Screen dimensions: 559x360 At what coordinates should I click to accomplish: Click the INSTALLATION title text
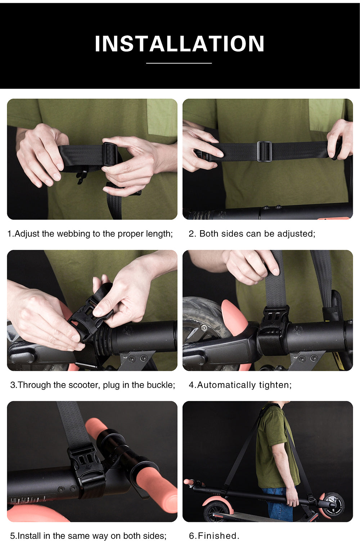pyautogui.click(x=179, y=44)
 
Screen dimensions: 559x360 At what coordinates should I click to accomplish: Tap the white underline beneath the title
pyautogui.click(x=179, y=63)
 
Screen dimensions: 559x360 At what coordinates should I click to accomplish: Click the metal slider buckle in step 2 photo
pyautogui.click(x=264, y=151)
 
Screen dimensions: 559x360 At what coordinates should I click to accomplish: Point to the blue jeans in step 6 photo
pyautogui.click(x=277, y=504)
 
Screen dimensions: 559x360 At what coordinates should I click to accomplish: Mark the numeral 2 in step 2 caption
pyautogui.click(x=192, y=234)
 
